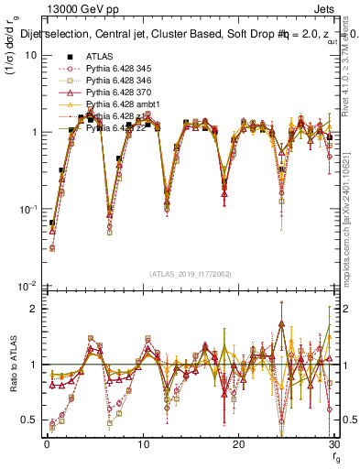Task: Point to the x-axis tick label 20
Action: (238, 444)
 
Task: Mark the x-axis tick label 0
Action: (46, 444)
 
